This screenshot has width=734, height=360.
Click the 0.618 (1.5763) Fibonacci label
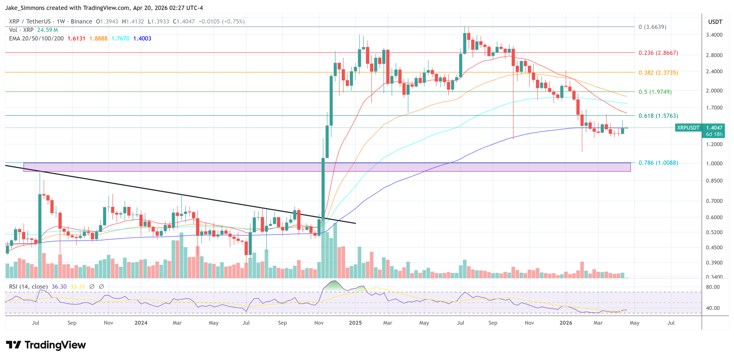coord(658,116)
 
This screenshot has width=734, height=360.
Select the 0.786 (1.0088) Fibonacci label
coord(658,163)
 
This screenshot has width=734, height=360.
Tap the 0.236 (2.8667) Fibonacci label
coord(658,53)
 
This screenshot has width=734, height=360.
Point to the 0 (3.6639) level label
coord(652,27)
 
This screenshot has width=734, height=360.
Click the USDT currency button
coord(715,22)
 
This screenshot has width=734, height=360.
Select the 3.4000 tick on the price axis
coord(714,35)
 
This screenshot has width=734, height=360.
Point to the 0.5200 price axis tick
coord(714,232)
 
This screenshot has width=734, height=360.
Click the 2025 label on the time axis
coord(355,323)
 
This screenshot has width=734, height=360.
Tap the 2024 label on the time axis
coord(141,323)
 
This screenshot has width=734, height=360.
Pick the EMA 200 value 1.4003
coord(142,38)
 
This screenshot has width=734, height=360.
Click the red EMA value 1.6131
coord(76,38)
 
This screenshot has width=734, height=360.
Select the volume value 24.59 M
coord(47,30)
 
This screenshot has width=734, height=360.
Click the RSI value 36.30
coord(59,286)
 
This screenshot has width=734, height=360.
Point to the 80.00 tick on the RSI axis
coord(712,287)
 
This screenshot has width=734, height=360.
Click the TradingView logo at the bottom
coord(46,345)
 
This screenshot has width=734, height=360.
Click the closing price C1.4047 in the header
coord(183,22)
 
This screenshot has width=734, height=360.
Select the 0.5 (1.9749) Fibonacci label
coord(655,92)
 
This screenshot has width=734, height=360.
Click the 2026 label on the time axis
coord(566,323)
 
